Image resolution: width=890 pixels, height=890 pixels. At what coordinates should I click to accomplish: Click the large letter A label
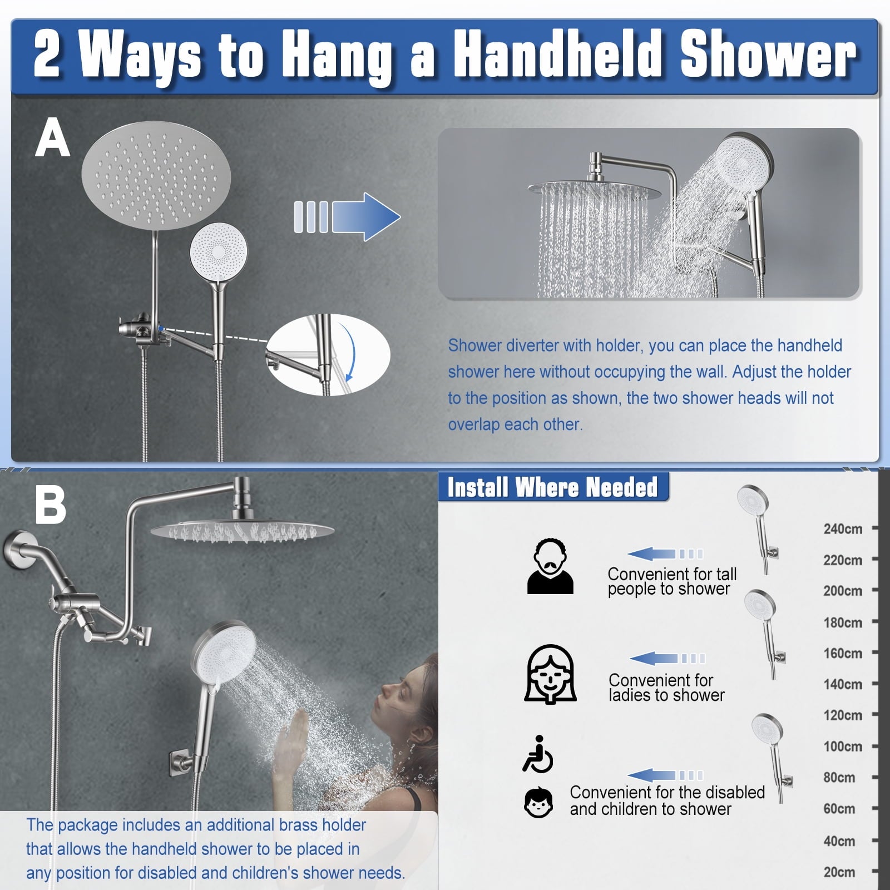click(52, 138)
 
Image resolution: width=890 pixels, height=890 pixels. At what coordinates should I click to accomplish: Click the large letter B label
click(50, 505)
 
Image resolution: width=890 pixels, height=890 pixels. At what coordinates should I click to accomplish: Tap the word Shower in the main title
click(768, 56)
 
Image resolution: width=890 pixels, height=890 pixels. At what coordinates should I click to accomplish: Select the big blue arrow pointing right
click(347, 217)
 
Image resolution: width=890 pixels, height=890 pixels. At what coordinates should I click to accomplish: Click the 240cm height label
click(843, 528)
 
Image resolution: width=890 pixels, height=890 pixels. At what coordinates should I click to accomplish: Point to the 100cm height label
click(843, 746)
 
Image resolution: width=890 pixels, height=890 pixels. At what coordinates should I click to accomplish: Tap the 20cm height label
click(839, 872)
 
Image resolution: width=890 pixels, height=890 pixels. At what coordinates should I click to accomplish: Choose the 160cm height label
click(843, 653)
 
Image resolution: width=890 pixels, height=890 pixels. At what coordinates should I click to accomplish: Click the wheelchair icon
click(538, 754)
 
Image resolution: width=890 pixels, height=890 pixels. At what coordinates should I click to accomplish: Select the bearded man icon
click(550, 566)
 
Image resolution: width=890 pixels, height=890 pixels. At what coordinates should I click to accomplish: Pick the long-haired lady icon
click(550, 675)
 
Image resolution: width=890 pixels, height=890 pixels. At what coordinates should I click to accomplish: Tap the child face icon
click(538, 803)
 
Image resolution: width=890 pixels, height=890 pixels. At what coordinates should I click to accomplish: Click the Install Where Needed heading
click(552, 487)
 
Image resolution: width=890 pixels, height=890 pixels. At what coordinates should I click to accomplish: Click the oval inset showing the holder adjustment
click(328, 355)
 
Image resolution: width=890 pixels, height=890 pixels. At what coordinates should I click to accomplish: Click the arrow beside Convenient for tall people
click(665, 554)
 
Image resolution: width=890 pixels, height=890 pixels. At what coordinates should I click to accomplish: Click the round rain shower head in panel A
click(156, 176)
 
